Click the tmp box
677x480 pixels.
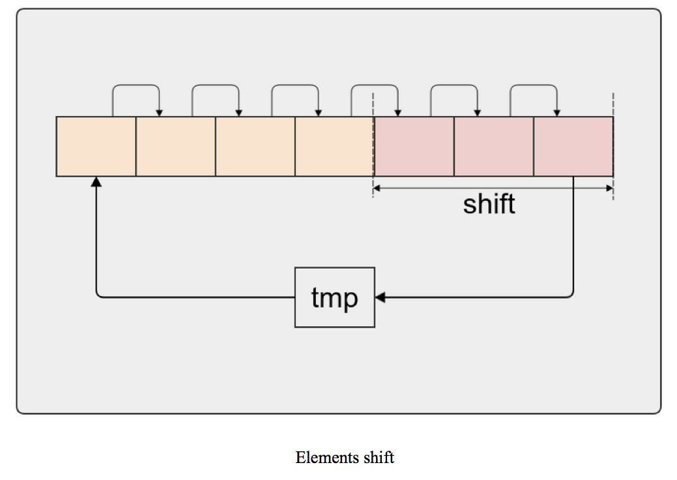[x=334, y=297]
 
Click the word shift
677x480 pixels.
[x=489, y=204]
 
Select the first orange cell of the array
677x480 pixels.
[x=96, y=146]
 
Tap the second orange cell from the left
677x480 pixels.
[x=175, y=146]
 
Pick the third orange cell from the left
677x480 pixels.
[x=255, y=146]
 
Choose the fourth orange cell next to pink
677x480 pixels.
[x=334, y=146]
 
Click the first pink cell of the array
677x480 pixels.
[x=414, y=146]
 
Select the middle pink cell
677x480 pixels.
[x=493, y=146]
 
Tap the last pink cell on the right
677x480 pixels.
[x=573, y=146]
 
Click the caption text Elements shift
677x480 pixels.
[x=345, y=457]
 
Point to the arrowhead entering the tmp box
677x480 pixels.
[x=381, y=297]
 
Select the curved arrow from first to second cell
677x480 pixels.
[x=136, y=85]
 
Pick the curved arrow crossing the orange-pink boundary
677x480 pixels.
[x=374, y=85]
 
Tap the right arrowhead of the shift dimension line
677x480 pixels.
[x=609, y=188]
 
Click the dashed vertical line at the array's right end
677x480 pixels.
[x=613, y=104]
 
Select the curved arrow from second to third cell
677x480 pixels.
[x=215, y=85]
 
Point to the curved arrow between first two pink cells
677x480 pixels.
[x=454, y=85]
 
